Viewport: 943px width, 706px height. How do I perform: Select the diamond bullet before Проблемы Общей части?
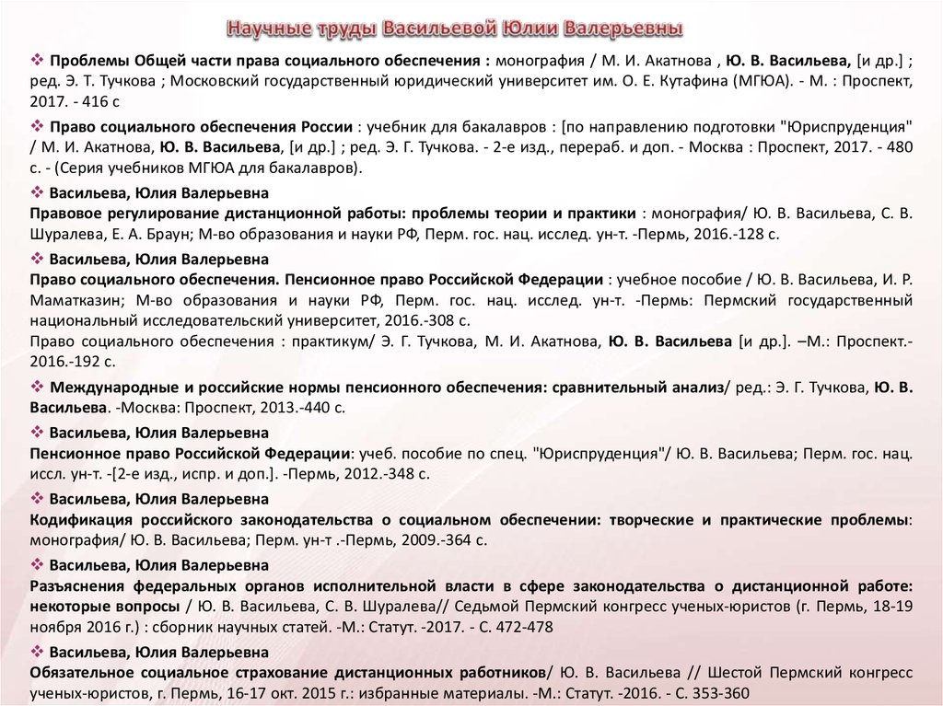point(38,60)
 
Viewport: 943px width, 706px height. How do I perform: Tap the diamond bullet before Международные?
point(38,388)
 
